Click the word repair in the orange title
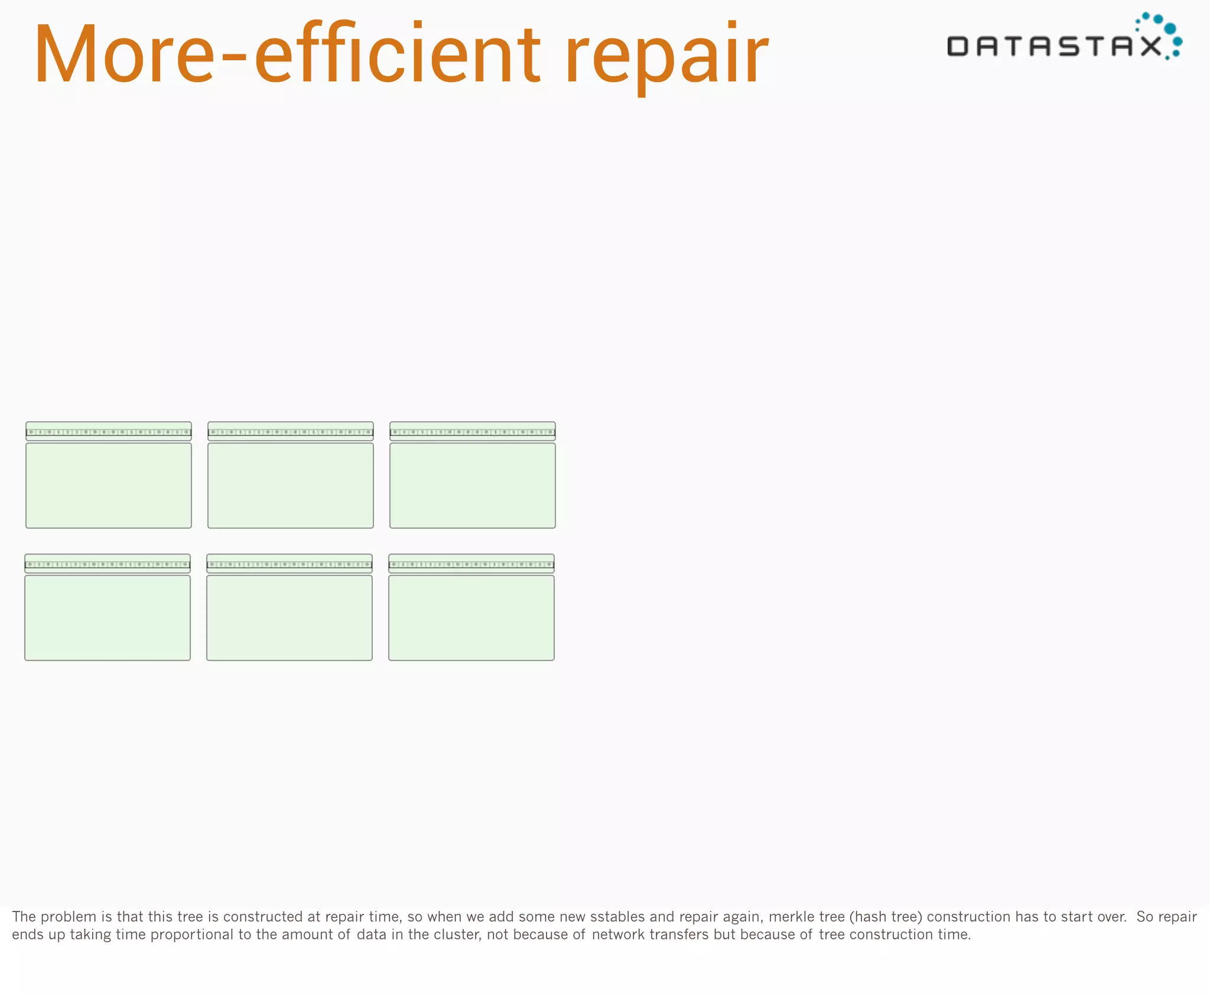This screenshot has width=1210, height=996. (666, 56)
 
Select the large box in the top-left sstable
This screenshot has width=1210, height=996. (109, 485)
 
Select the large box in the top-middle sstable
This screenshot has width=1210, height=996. (291, 485)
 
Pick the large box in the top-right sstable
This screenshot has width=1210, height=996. (473, 485)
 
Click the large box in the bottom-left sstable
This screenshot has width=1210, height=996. (108, 617)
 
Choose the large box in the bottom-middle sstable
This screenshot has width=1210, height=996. (290, 617)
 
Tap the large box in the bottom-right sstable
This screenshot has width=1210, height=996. (471, 617)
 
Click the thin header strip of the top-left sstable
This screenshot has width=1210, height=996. (109, 431)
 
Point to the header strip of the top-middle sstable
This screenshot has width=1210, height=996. (291, 431)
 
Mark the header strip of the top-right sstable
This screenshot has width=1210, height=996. (473, 431)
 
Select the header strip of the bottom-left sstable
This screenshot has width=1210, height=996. (108, 564)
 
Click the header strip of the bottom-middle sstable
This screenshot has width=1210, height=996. (290, 564)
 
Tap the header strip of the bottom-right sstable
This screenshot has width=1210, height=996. (471, 564)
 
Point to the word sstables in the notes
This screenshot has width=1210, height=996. (617, 916)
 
